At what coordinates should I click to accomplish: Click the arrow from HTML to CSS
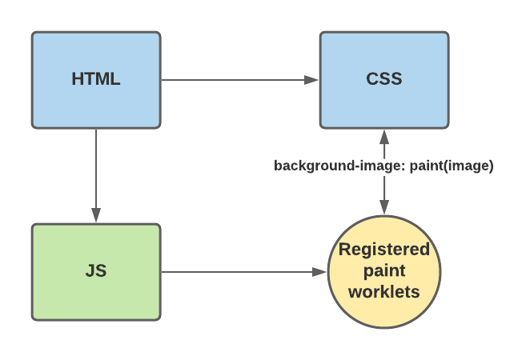(x=232, y=80)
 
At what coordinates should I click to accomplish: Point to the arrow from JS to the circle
(x=240, y=272)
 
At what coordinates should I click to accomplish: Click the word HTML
(x=96, y=79)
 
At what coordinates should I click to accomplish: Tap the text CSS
(x=383, y=79)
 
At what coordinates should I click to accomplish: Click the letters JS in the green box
(x=96, y=271)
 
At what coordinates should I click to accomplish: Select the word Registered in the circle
(x=384, y=250)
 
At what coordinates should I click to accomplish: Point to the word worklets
(x=384, y=291)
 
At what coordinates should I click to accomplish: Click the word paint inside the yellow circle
(x=384, y=270)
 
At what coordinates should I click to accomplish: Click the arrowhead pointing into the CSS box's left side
(x=313, y=80)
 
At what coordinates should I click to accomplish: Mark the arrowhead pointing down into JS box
(x=96, y=214)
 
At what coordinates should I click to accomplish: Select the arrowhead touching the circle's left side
(x=321, y=272)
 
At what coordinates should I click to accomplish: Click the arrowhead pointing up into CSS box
(x=384, y=137)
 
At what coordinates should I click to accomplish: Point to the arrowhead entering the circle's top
(x=384, y=208)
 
